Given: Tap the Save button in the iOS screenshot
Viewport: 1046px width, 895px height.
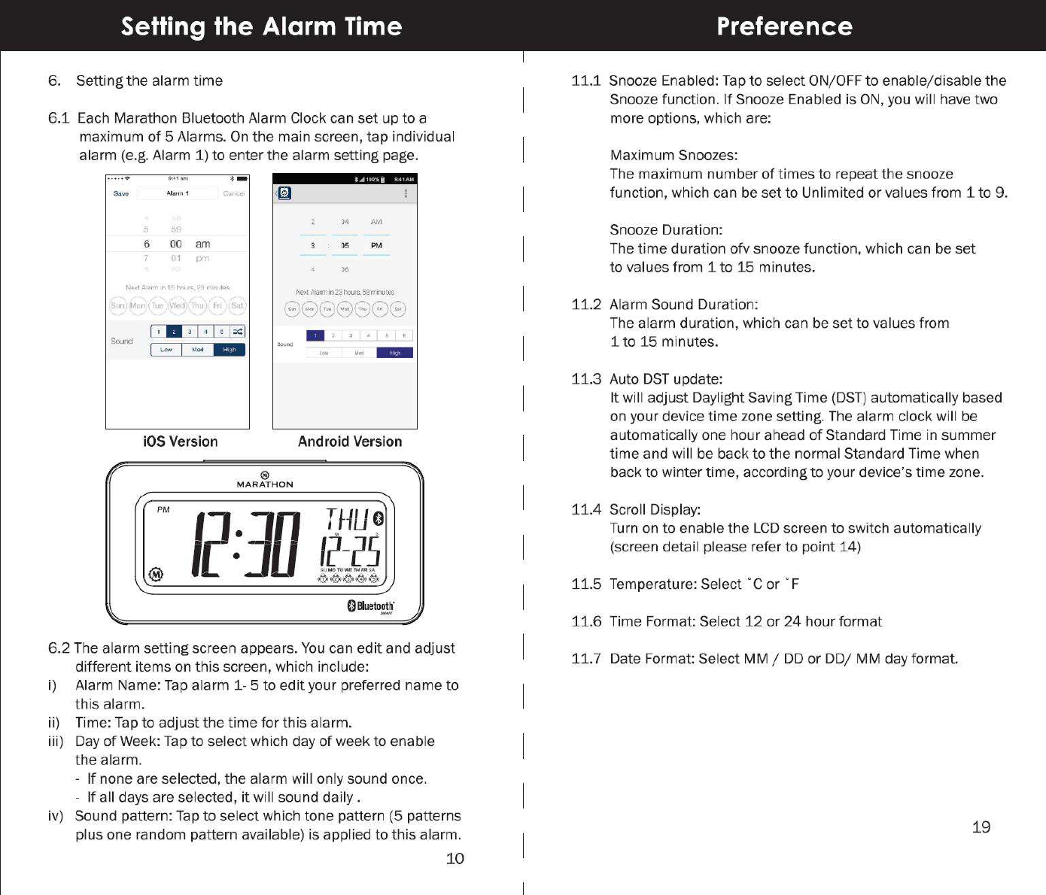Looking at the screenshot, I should click(120, 193).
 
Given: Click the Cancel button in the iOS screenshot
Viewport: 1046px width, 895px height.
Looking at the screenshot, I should click(233, 193).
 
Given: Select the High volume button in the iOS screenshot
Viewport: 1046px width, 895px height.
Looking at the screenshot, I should click(230, 350).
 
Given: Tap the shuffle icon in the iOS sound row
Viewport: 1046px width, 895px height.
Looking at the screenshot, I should click(238, 332).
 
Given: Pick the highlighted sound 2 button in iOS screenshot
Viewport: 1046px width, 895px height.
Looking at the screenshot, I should click(174, 332).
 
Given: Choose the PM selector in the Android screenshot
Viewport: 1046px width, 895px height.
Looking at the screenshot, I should click(376, 245).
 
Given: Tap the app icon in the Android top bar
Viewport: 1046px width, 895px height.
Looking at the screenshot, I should click(284, 193).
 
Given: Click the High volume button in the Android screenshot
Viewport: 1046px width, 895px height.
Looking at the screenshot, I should click(395, 353).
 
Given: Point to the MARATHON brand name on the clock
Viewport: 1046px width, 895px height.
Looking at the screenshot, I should click(265, 484).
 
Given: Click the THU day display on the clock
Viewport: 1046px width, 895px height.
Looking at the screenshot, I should click(348, 520).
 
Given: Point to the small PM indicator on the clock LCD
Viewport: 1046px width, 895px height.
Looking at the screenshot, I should click(163, 509).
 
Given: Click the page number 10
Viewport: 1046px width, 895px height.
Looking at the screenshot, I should click(455, 859).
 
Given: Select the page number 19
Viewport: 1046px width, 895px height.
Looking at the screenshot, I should click(981, 827).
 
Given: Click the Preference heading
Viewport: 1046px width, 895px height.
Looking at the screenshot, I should click(784, 26).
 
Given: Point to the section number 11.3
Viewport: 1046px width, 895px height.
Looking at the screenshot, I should click(586, 379).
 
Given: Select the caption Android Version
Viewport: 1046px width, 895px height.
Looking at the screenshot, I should click(350, 441).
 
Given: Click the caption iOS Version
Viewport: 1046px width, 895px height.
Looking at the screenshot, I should click(180, 441).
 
